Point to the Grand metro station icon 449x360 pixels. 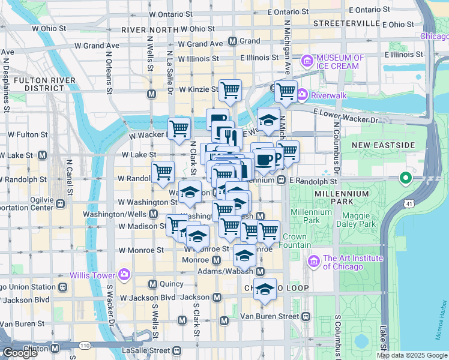(233, 41)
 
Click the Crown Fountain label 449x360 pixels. (295, 241)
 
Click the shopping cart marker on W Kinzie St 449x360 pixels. (230, 91)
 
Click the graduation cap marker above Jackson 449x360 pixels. (265, 289)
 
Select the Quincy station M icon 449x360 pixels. (152, 284)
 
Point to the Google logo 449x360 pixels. (19, 353)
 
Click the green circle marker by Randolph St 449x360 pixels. (406, 178)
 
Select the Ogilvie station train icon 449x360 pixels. (61, 203)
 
